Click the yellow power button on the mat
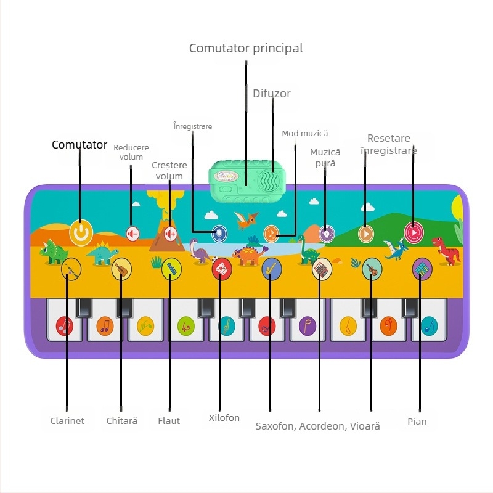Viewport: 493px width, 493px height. point(81,233)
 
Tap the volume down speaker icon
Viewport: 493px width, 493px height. point(132,234)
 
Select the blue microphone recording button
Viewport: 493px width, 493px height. point(219,234)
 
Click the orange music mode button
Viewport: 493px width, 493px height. point(271,234)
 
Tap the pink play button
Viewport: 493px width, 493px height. point(414,233)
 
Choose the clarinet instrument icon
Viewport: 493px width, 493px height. point(71,269)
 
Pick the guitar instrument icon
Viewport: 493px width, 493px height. point(121,269)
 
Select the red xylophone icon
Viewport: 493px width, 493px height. point(222,269)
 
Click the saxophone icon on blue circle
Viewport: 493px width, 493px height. point(272,269)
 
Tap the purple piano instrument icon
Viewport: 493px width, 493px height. point(422,269)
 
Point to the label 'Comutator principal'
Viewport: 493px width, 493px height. point(246,49)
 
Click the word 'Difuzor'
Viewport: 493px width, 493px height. point(272,94)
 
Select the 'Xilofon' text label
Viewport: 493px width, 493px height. point(224,418)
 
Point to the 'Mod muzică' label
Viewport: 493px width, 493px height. point(304,134)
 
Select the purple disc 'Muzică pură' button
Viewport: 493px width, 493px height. point(327,234)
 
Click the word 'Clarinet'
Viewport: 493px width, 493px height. point(67,421)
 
